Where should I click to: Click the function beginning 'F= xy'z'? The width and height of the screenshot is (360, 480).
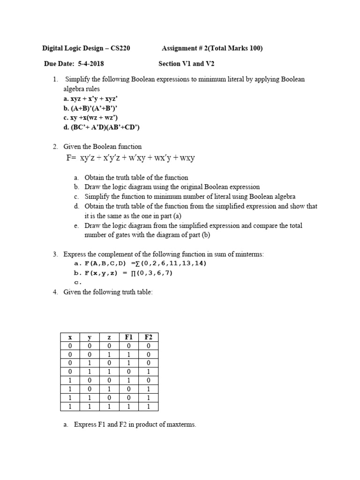(x=130, y=158)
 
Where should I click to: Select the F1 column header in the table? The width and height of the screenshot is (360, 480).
(x=129, y=337)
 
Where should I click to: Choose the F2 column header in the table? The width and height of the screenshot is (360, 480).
(x=149, y=337)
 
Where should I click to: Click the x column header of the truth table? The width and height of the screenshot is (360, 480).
(x=69, y=337)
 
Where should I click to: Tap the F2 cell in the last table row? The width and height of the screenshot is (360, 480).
(x=149, y=407)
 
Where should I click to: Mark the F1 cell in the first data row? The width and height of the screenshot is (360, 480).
(x=129, y=346)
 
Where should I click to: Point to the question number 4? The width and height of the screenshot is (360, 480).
(x=55, y=292)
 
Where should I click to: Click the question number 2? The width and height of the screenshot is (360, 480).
(x=55, y=147)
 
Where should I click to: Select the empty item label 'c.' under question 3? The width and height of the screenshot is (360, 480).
(x=78, y=283)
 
